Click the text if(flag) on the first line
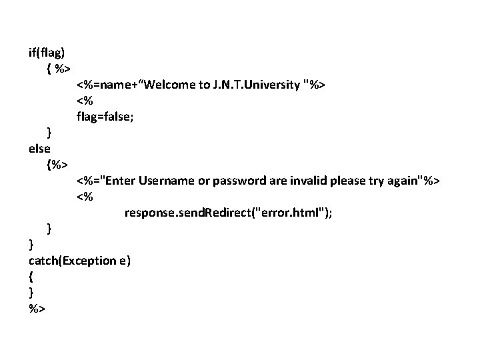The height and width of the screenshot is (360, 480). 47,52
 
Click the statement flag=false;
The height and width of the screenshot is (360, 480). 107,117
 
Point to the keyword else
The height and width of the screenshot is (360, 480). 40,148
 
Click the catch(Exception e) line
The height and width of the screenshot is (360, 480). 80,261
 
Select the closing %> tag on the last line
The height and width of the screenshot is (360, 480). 37,309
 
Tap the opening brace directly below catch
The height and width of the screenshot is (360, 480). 31,277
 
